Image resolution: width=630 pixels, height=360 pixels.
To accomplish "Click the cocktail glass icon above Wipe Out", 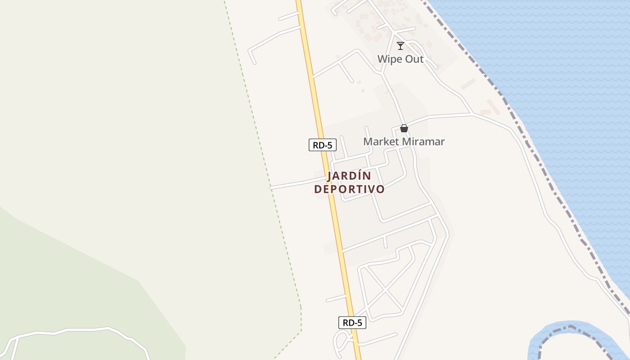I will [400, 45].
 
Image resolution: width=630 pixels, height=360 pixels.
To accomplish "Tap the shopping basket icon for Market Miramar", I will [404, 128].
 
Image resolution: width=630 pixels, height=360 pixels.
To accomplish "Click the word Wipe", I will [388, 59].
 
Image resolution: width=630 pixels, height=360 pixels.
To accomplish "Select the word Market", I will [381, 142].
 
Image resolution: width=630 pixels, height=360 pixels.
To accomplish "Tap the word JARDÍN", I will [349, 176].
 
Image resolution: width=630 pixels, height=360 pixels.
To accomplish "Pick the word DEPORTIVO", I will [349, 189].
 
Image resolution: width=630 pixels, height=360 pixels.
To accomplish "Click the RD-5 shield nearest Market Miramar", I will [323, 145].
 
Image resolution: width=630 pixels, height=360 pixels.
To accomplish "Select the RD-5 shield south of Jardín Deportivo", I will [352, 322].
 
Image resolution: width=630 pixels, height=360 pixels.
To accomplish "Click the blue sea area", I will [562, 67].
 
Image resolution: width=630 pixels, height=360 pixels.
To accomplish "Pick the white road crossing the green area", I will [81, 330].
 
